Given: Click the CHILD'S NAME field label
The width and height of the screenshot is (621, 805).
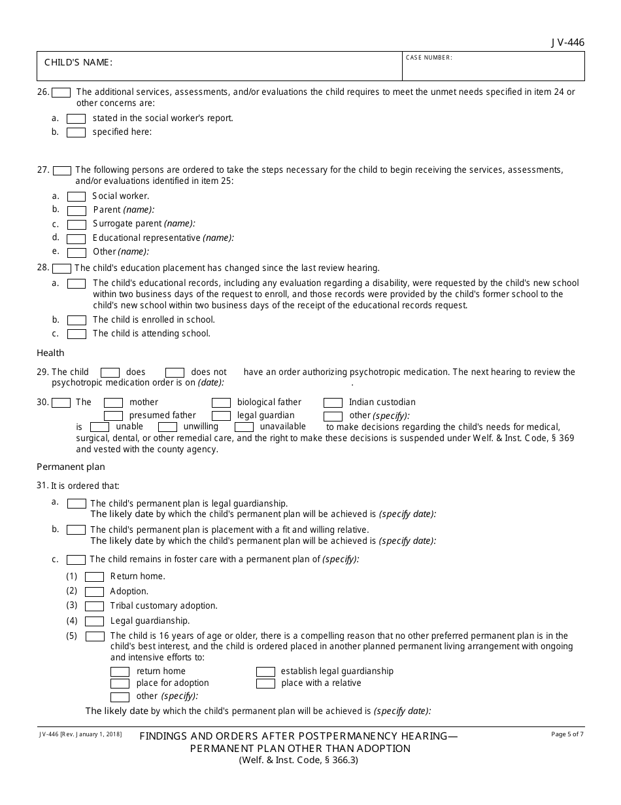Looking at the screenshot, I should (x=78, y=63).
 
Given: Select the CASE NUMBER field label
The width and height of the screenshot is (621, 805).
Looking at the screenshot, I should (x=429, y=58).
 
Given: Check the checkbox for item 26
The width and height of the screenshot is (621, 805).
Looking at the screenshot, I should (x=61, y=93).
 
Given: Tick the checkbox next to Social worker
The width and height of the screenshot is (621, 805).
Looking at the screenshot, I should (x=76, y=196).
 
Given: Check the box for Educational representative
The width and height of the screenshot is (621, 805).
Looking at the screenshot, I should (x=76, y=239).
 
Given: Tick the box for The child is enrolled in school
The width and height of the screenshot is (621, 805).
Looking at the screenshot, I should (x=76, y=321).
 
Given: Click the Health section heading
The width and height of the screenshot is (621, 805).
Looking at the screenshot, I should (x=50, y=353).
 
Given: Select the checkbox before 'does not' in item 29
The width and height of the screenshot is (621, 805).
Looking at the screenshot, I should (x=175, y=372).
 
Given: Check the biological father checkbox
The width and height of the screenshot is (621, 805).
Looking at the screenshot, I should (x=221, y=403).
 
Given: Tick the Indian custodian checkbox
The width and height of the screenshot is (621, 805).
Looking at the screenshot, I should (x=333, y=403).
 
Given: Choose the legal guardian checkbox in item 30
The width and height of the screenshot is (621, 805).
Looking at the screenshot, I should (x=221, y=416).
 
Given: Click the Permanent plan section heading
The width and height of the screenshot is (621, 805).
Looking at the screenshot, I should (x=71, y=467).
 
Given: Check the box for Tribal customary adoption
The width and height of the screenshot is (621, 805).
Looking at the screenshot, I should (x=94, y=607).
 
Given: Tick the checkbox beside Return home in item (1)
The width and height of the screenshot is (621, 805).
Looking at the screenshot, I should (x=94, y=577).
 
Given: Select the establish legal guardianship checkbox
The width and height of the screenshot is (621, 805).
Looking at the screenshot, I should (x=265, y=672).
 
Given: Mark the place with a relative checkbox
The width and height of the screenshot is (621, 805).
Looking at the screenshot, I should (x=265, y=684).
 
